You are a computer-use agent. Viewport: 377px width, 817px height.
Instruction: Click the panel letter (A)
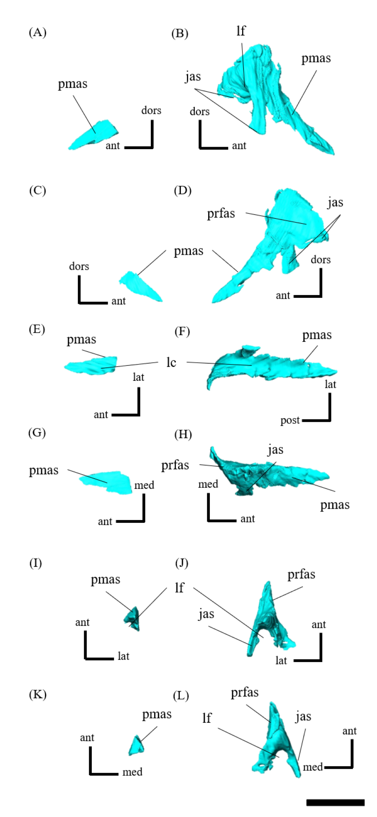click(37, 33)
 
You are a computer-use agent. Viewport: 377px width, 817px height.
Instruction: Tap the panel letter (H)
click(183, 434)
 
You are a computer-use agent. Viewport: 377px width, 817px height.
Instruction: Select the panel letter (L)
click(181, 696)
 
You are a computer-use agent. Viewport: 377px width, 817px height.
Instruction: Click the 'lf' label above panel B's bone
click(241, 31)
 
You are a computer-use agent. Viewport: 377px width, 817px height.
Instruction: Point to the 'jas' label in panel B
click(193, 76)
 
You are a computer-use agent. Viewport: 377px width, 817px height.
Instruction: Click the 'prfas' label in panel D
click(221, 214)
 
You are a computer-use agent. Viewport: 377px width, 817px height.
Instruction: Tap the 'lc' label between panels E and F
click(171, 362)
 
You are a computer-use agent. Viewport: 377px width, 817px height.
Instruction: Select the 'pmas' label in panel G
click(44, 470)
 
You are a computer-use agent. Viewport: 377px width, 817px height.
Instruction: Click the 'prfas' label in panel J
click(301, 574)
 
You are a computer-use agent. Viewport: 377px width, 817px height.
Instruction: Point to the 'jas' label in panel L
click(303, 716)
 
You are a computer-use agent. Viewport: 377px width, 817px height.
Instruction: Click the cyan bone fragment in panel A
click(94, 135)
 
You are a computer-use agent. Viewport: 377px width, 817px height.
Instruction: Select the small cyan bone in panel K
click(136, 746)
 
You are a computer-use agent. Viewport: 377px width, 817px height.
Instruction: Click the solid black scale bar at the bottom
click(335, 802)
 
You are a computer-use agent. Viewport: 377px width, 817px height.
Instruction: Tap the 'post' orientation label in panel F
click(290, 420)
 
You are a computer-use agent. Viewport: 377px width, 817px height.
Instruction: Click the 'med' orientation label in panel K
click(132, 772)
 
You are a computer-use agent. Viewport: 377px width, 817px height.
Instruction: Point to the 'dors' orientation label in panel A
click(151, 110)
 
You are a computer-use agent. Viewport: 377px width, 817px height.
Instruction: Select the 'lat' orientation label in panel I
click(123, 656)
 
